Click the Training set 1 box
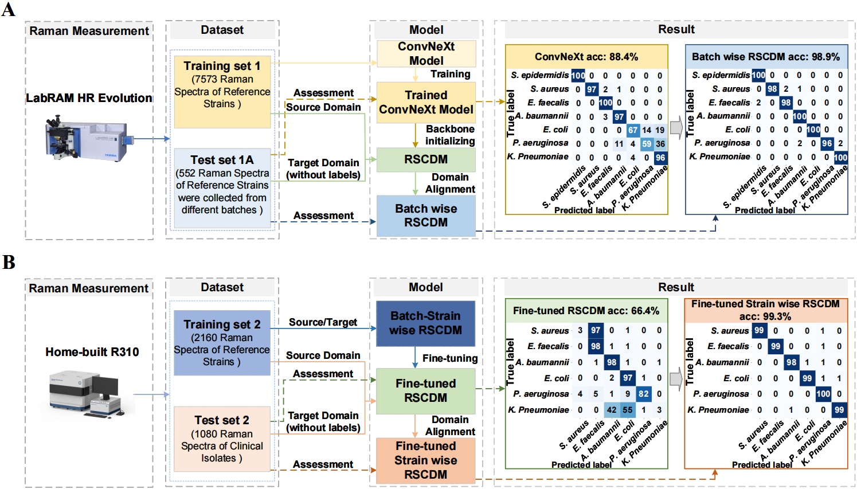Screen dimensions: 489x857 click(222, 92)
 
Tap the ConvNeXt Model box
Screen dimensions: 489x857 click(426, 53)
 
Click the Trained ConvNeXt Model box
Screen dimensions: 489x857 click(426, 103)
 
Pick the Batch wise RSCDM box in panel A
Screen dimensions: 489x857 click(426, 216)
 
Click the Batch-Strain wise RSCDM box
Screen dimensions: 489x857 click(425, 323)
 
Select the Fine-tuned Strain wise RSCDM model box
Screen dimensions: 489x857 click(425, 460)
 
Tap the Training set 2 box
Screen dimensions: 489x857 click(222, 343)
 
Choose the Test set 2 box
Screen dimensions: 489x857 click(222, 439)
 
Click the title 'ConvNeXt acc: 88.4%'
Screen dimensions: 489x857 click(586, 57)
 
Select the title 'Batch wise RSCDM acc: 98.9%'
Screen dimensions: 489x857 click(766, 57)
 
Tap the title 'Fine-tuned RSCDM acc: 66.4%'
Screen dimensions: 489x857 click(586, 311)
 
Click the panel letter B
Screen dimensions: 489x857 click(9, 262)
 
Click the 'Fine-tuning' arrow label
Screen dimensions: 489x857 click(450, 358)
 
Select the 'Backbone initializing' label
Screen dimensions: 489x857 click(450, 135)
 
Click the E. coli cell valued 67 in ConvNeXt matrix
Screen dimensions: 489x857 click(633, 130)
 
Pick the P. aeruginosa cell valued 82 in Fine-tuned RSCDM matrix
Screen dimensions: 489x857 click(644, 394)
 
